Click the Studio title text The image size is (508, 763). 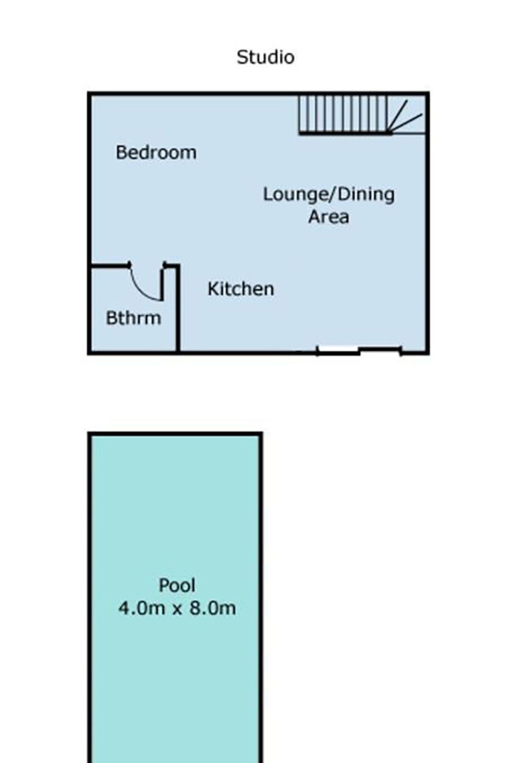point(265,57)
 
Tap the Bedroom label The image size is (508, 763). point(156,153)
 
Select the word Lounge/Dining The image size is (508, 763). point(329,195)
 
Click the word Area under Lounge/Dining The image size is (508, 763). point(329,217)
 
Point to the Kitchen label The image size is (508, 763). point(241,289)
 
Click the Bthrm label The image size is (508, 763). point(133,318)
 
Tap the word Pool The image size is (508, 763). point(177,585)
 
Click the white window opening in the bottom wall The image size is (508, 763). point(338,350)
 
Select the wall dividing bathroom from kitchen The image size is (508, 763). point(177,308)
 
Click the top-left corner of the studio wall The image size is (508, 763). point(89,93)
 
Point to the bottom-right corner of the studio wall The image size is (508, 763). point(427,353)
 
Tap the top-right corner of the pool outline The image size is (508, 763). point(260,434)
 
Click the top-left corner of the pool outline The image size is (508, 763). point(89,434)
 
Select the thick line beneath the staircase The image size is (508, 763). point(345,133)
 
